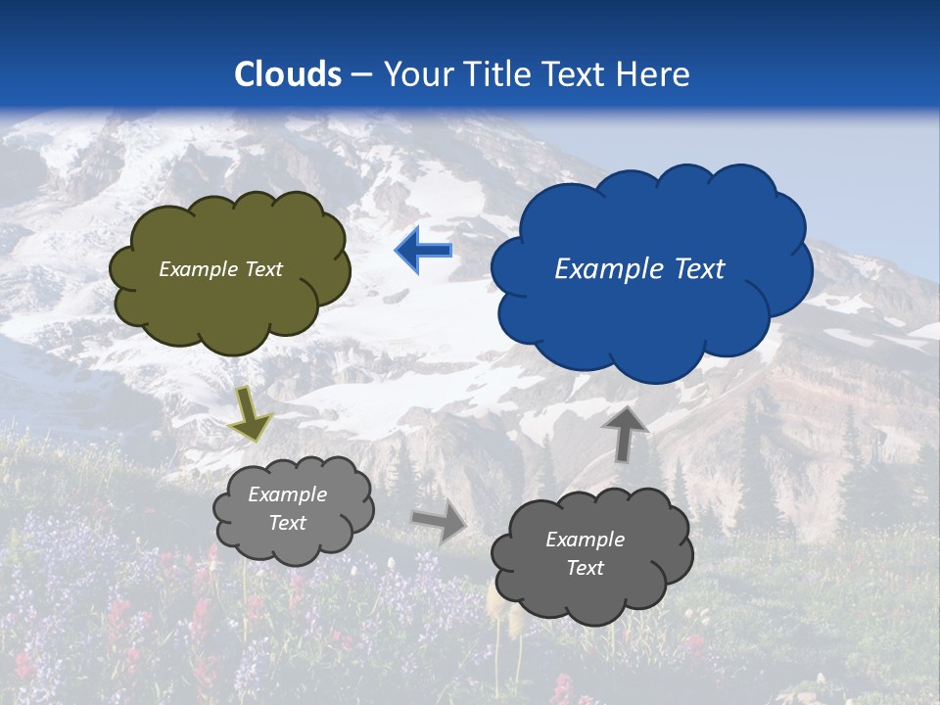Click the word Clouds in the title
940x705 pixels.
click(288, 74)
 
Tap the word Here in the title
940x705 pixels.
click(654, 74)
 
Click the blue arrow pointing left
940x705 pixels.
click(423, 251)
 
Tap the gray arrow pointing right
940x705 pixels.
click(440, 522)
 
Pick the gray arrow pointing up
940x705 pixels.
click(625, 433)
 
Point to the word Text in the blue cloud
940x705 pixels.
click(697, 269)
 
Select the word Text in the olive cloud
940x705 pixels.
click(264, 269)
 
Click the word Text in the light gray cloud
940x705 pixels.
click(288, 523)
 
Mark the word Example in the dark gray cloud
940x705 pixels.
click(585, 540)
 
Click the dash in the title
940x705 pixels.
click(361, 74)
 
